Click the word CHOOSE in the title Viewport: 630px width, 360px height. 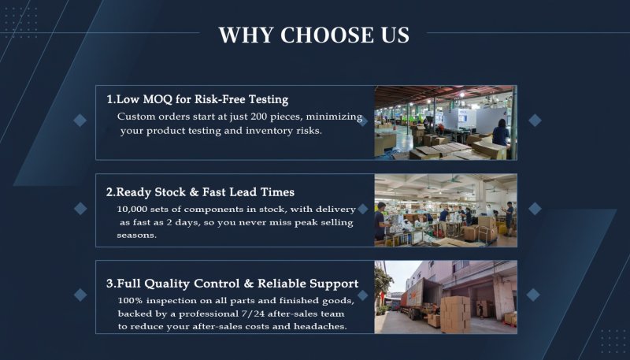(x=328, y=35)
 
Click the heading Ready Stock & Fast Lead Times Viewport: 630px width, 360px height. (x=200, y=192)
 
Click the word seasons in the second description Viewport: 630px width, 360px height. (x=136, y=236)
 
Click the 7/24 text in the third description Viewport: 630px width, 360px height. (x=253, y=314)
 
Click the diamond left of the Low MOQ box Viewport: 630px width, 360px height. (x=80, y=121)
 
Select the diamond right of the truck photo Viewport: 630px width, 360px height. (x=533, y=295)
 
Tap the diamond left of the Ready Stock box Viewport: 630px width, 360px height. (x=80, y=209)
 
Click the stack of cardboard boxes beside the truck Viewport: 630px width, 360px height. (x=455, y=314)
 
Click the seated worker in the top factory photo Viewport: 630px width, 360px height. (x=501, y=133)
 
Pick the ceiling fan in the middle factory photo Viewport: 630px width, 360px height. (x=455, y=180)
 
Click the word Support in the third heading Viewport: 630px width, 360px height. (x=333, y=284)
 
